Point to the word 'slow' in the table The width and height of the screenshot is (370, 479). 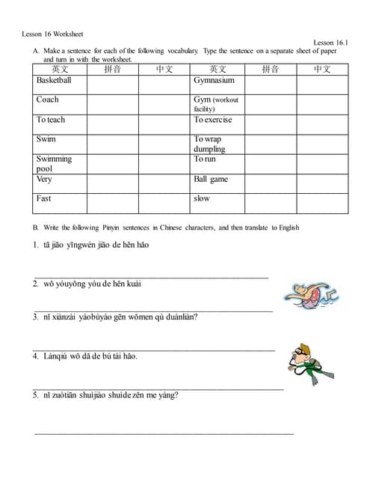202,198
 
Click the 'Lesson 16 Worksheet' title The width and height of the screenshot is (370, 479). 52,34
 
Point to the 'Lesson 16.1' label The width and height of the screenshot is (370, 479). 330,43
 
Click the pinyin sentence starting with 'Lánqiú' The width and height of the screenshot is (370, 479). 90,356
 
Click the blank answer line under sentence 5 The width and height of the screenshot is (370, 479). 164,433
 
